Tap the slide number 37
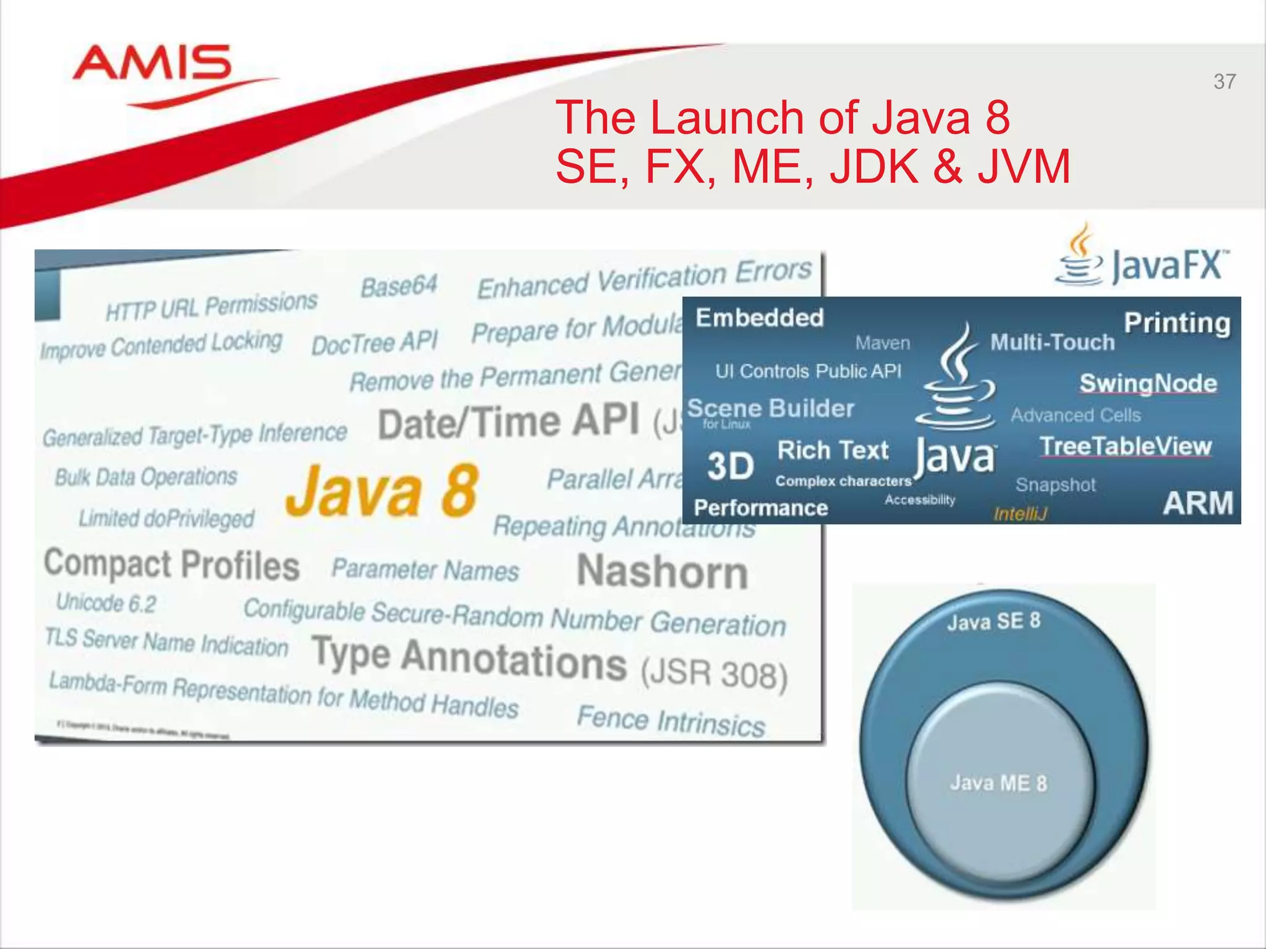pos(1225,82)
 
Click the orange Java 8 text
pos(382,491)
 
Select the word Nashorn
pos(662,572)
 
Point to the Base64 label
pos(399,286)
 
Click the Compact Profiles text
pos(172,565)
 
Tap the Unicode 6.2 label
pos(106,602)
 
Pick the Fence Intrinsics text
pos(671,720)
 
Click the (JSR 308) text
pos(714,674)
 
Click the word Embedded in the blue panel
pos(760,318)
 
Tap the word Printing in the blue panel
pos(1177,323)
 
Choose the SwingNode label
pos(1148,383)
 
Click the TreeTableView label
pos(1125,446)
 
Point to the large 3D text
pos(730,466)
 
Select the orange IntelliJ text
pos(1020,513)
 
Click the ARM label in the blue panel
pos(1197,503)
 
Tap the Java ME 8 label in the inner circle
pos(998,783)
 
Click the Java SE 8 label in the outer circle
pos(993,622)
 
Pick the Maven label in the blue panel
pos(882,343)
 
